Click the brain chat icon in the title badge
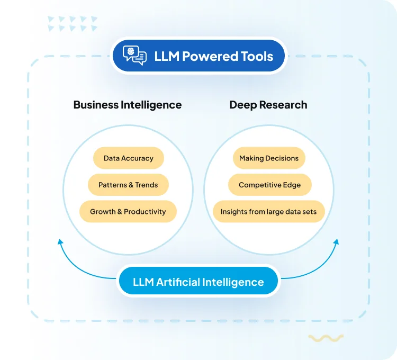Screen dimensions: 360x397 pos(134,56)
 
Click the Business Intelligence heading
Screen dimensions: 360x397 pos(127,104)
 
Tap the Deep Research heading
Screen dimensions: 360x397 pos(268,104)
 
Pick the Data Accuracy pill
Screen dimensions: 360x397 pos(128,158)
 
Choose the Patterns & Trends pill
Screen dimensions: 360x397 pos(128,185)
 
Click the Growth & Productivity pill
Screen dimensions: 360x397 pos(128,211)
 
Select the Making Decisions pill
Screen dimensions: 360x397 pos(269,158)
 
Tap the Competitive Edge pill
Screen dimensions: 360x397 pos(269,185)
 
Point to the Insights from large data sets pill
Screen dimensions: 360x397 pos(268,211)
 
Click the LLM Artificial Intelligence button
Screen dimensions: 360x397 pos(198,282)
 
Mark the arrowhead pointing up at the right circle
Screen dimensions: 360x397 pos(336,242)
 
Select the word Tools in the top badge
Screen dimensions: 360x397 pos(257,56)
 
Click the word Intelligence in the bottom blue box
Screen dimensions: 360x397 pos(231,282)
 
